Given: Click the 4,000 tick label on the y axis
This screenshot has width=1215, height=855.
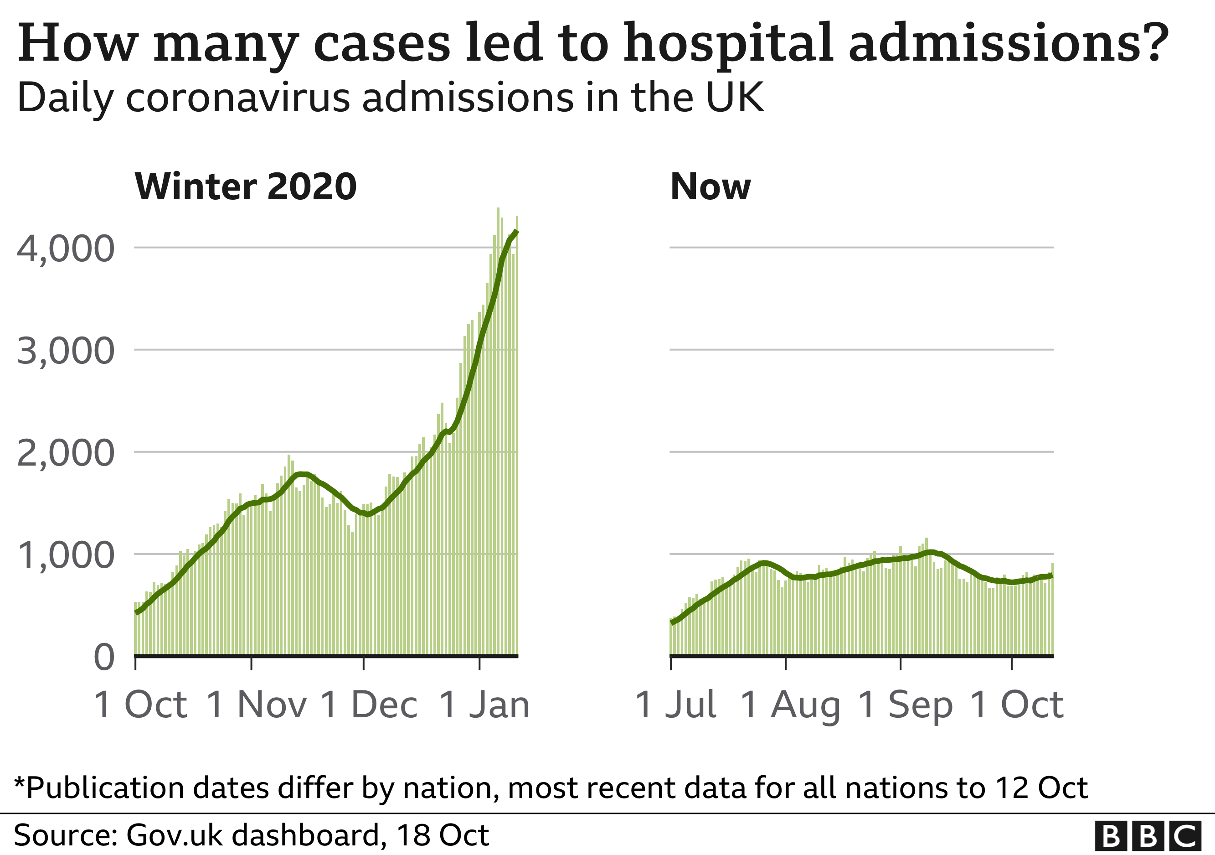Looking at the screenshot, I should (x=66, y=249).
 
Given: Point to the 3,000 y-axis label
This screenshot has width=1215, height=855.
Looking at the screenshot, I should (x=66, y=351).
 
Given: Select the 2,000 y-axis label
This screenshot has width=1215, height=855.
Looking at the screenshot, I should (x=66, y=453).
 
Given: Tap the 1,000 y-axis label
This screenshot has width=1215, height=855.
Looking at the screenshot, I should (x=66, y=555).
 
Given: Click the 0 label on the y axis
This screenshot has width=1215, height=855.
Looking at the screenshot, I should (x=104, y=658).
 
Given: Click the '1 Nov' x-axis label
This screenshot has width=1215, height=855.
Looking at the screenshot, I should (x=257, y=705).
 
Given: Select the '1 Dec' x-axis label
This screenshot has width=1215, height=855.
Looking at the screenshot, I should (x=369, y=705).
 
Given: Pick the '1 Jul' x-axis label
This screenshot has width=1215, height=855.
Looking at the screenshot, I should (x=676, y=705).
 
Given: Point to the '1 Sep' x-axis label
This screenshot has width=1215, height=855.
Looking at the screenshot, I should (x=906, y=705).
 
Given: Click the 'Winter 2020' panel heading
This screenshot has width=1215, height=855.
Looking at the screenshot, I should (x=246, y=187).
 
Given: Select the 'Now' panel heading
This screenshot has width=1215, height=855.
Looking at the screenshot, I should (x=710, y=187).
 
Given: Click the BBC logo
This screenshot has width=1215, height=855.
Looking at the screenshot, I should (x=1147, y=836).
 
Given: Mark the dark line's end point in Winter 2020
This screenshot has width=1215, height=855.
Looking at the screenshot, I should (x=516, y=231).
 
